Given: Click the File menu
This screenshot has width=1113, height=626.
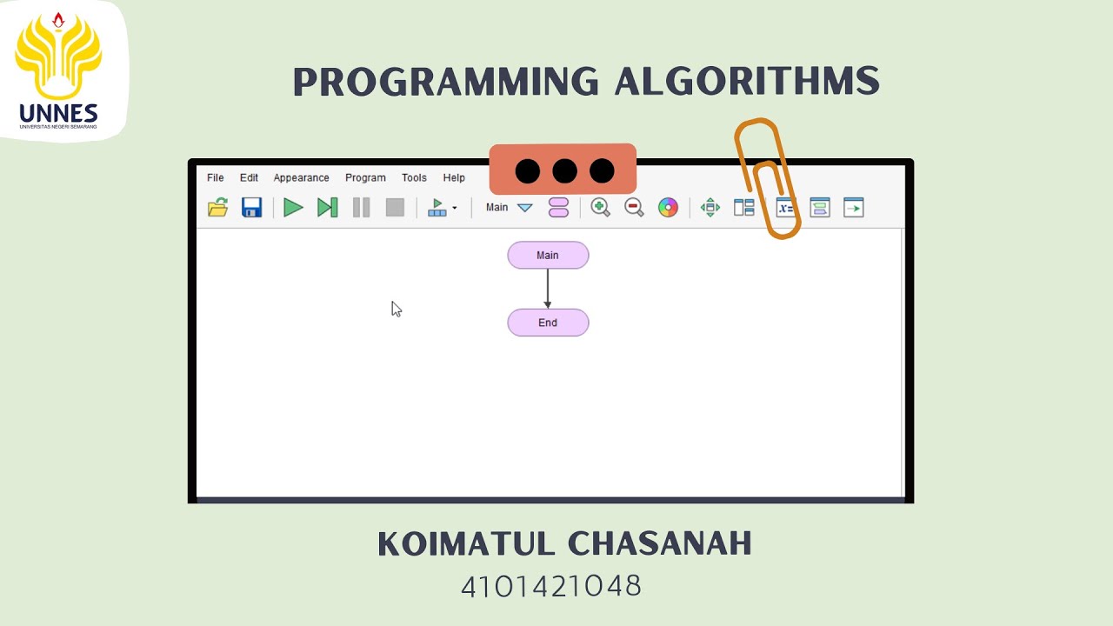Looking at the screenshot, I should tap(215, 177).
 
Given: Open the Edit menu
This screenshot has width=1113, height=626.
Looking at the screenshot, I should tap(249, 177).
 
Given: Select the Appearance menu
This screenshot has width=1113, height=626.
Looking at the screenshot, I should tap(301, 177).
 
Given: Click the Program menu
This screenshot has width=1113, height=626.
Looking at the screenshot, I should tap(365, 177).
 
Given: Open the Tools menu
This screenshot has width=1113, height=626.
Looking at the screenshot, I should tap(414, 177).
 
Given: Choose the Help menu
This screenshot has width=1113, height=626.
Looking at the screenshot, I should tap(454, 177).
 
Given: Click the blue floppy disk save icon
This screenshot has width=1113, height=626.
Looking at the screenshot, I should tap(251, 207).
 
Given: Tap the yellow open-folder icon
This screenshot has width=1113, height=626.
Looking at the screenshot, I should tap(217, 207).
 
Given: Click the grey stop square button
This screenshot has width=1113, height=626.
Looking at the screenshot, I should tap(395, 207).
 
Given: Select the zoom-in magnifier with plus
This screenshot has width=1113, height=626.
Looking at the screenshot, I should tap(600, 207).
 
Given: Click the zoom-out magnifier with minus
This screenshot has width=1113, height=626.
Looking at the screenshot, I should tap(634, 207).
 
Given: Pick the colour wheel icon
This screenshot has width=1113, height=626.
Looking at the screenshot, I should tap(668, 207).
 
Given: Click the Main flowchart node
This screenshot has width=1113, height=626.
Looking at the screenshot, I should tap(548, 255).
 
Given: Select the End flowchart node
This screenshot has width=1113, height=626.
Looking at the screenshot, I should tap(548, 323).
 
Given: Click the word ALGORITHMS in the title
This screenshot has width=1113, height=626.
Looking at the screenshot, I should tap(747, 82).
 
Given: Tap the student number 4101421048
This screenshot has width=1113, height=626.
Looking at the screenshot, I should tap(551, 586).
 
